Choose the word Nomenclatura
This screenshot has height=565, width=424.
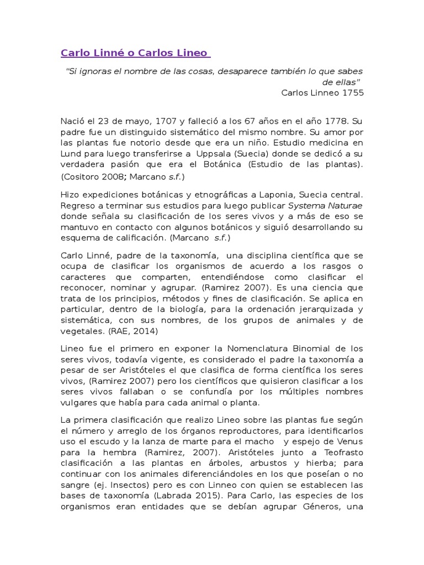tap(255, 349)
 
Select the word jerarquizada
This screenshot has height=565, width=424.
tap(321, 309)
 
